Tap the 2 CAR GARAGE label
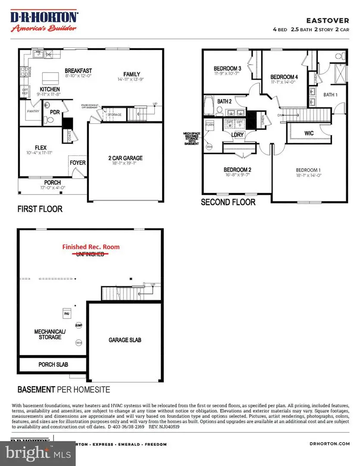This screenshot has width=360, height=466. [125, 158]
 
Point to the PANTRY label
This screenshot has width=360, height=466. [33, 111]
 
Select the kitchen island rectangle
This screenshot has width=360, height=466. [50, 79]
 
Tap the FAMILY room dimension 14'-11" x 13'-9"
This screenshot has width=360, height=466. [131, 80]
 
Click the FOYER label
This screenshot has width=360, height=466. [78, 163]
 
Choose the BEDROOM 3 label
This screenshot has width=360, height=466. [227, 69]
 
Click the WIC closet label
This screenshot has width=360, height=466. [309, 133]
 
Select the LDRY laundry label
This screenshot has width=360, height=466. [237, 135]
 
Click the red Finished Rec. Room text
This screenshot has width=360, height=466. [91, 247]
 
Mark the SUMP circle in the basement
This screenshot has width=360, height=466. [79, 326]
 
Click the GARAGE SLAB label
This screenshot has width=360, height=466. [125, 340]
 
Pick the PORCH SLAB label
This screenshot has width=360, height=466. [53, 365]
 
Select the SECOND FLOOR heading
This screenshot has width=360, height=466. [228, 202]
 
